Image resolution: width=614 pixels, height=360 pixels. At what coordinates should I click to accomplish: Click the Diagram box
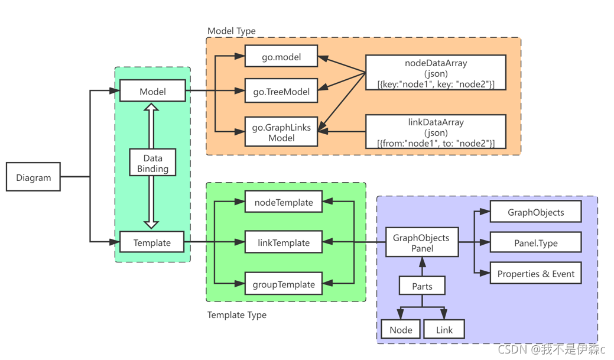[33, 177]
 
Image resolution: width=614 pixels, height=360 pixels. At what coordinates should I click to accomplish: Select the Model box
[152, 90]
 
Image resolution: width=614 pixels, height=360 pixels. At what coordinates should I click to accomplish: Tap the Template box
[151, 242]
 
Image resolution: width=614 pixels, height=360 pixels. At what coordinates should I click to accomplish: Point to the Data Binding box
[152, 162]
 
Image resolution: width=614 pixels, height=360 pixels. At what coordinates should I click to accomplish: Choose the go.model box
[281, 56]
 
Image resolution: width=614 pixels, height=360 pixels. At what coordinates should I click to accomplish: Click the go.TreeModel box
[281, 90]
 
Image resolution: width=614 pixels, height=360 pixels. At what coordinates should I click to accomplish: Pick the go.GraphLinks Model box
[281, 132]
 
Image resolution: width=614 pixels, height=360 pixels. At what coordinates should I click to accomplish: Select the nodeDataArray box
[436, 73]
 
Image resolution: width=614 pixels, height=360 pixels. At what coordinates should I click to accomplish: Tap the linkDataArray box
[436, 132]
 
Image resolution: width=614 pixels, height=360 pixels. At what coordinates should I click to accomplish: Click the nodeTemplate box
[284, 202]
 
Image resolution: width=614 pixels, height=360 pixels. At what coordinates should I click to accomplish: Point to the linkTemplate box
[284, 242]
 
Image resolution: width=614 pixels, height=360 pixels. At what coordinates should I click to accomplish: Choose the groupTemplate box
[284, 283]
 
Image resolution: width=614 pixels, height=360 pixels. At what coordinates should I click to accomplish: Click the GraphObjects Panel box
[422, 242]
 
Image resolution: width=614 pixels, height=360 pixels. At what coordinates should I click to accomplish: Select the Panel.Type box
[535, 242]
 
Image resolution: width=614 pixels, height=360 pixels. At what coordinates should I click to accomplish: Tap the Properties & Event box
[535, 273]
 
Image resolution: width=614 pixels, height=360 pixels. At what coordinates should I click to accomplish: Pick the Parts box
[422, 285]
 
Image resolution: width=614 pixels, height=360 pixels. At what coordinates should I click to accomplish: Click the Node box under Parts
[401, 329]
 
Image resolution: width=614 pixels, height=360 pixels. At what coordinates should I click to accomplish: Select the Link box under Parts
[444, 329]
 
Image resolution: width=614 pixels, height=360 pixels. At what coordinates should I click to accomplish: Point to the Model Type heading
[232, 31]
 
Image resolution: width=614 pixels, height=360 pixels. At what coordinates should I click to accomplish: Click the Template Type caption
[236, 314]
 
